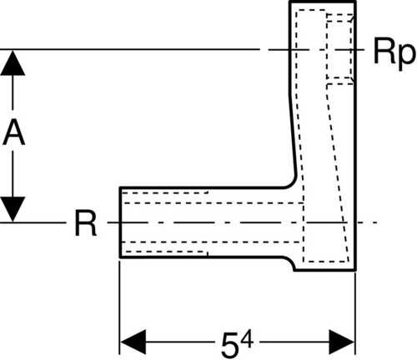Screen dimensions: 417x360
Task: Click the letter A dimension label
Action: pos(14,132)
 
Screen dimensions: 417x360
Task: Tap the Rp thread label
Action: pos(394,52)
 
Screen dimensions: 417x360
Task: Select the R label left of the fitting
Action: pos(86,222)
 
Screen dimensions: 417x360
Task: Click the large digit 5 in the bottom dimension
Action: pos(229,345)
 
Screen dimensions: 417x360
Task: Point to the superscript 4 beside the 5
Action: pos(247,339)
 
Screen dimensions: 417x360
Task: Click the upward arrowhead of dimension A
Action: pos(13,62)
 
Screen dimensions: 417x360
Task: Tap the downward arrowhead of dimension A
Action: pos(13,209)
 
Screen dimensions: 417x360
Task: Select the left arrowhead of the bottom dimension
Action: pos(133,342)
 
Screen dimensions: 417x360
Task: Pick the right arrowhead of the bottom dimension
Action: pos(341,342)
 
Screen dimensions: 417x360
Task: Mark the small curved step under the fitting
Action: pos(291,262)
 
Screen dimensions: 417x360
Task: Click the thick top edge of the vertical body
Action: pos(323,2)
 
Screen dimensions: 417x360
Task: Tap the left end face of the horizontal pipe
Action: pos(120,222)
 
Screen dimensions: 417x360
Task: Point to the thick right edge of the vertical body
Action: pos(355,136)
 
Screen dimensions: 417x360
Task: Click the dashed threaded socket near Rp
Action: pos(339,48)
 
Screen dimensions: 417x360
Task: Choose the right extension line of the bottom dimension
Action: pos(355,314)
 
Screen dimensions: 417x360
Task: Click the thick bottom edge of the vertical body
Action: pos(325,270)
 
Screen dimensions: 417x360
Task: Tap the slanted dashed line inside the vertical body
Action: pos(338,172)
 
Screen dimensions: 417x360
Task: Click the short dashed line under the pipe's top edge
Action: pos(165,192)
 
